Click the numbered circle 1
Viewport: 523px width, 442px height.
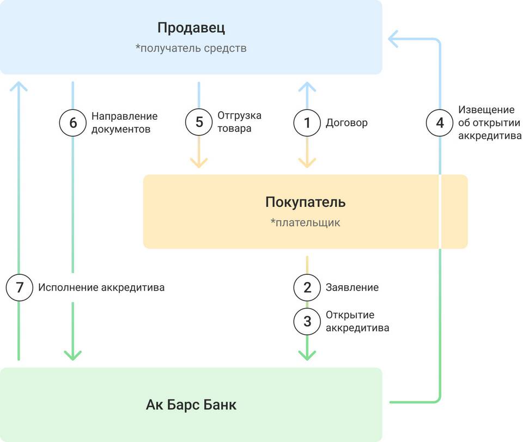tap(307, 123)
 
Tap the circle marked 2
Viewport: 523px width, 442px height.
tap(307, 287)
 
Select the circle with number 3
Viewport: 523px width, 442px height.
tap(307, 321)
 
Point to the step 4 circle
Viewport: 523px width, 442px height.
tap(440, 123)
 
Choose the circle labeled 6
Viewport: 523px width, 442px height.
tap(72, 123)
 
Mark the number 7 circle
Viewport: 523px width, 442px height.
tap(20, 287)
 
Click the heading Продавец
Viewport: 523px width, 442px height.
tap(191, 28)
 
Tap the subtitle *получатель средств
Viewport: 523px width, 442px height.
tap(191, 48)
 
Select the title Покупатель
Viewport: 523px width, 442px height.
tap(305, 202)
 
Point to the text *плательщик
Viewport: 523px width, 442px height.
tap(305, 222)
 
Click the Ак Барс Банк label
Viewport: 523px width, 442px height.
tap(191, 405)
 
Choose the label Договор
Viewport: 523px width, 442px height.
tap(346, 123)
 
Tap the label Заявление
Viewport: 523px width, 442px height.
tap(352, 287)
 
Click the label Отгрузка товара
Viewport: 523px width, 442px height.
tap(239, 122)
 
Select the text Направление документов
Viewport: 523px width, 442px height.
tap(124, 122)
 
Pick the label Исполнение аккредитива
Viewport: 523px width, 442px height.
tap(101, 287)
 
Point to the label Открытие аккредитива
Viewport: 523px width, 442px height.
tap(357, 321)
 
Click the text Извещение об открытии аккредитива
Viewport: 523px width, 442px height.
tap(490, 122)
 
